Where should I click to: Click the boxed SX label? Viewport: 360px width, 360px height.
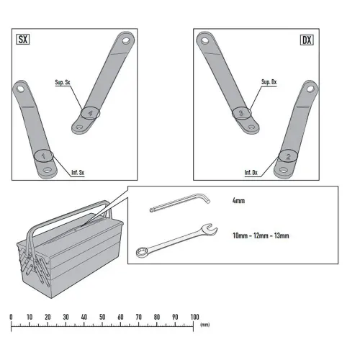(x=23, y=40)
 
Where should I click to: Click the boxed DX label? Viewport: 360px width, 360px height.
(x=307, y=40)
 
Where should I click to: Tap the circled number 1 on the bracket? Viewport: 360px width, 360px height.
(x=43, y=156)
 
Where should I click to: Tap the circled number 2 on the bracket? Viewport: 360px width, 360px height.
(x=288, y=156)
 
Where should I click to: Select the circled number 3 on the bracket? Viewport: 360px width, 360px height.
(x=241, y=112)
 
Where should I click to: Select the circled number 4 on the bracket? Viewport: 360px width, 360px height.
(x=90, y=112)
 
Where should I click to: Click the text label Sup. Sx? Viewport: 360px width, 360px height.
(x=63, y=82)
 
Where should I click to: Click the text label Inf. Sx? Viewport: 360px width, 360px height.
(x=78, y=172)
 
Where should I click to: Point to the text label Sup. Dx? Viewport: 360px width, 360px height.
(x=269, y=82)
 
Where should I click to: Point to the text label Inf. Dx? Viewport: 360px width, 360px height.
(x=251, y=172)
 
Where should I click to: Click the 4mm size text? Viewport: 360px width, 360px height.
(x=238, y=200)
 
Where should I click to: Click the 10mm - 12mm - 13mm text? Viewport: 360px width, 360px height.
(x=261, y=235)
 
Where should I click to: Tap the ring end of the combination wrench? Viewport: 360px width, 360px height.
(x=141, y=252)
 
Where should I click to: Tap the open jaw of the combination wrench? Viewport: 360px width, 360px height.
(x=210, y=229)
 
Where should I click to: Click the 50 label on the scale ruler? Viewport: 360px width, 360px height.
(x=102, y=317)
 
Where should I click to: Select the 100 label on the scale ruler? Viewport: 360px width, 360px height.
(x=194, y=317)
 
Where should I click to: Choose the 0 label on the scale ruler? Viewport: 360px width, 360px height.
(x=11, y=317)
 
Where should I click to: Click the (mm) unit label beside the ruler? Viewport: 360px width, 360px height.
(x=204, y=325)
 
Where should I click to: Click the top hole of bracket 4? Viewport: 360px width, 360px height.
(x=126, y=40)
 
